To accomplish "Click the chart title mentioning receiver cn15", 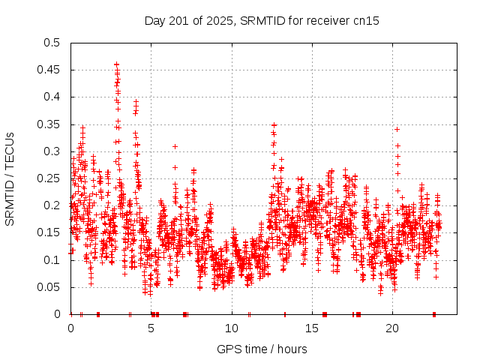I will pos(262,20).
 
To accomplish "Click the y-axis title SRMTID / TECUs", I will pos(10,178).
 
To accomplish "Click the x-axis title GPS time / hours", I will pos(262,349).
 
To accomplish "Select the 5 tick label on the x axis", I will pos(151,328).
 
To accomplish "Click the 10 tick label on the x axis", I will pos(232,328).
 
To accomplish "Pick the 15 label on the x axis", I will pos(312,328).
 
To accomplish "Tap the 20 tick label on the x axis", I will pos(392,328).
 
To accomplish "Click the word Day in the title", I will pos(155,20).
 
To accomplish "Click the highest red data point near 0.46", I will pos(116,64).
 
